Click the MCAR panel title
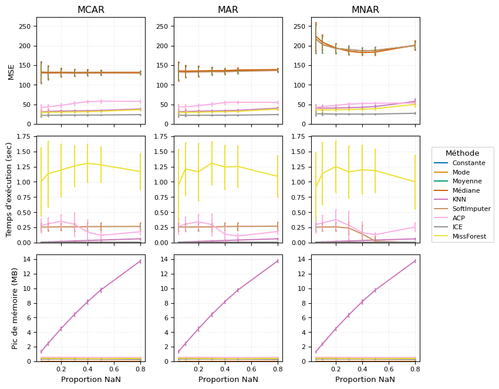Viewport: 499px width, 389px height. click(90, 10)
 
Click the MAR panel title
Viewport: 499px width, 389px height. click(228, 10)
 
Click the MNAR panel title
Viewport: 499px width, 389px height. click(365, 10)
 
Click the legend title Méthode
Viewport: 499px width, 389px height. click(462, 153)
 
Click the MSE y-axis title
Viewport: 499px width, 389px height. click(11, 72)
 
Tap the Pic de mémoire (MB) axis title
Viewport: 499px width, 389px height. click(15, 307)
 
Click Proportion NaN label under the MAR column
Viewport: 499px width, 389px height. click(228, 380)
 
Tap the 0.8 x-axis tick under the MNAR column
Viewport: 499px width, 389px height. click(415, 369)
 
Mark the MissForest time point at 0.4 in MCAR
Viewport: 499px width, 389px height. click(87, 163)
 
